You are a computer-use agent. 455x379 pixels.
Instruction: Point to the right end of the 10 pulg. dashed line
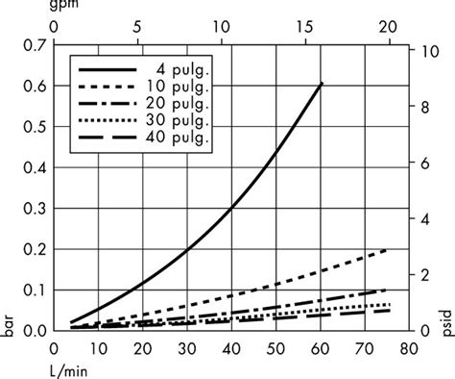point(387,250)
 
